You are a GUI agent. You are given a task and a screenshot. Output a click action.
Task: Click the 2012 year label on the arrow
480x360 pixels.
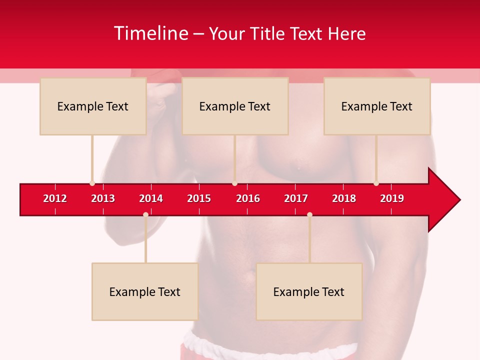(x=55, y=198)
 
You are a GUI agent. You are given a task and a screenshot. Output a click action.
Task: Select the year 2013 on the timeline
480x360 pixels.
(x=103, y=198)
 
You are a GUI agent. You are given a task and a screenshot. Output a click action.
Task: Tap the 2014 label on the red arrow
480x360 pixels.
(x=151, y=198)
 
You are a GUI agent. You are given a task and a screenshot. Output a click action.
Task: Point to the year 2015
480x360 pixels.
(x=199, y=198)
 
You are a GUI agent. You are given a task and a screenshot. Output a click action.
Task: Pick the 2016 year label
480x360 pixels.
(x=248, y=198)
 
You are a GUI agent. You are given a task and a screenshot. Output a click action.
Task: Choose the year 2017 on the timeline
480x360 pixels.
(x=296, y=198)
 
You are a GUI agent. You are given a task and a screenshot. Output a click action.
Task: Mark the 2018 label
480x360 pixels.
(x=344, y=198)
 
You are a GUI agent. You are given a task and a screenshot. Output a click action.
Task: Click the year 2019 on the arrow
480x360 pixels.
(x=392, y=198)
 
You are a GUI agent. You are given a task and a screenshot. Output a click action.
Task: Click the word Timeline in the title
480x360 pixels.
(x=150, y=33)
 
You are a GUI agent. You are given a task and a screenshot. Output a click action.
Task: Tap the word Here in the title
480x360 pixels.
(x=346, y=33)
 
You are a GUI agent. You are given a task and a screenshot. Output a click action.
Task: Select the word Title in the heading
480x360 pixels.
(x=265, y=33)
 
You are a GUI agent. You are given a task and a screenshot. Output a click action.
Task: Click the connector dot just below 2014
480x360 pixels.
(x=145, y=214)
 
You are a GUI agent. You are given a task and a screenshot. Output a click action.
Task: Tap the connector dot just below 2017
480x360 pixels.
(x=309, y=214)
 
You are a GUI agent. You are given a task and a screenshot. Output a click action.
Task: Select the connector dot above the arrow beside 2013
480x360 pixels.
(x=92, y=183)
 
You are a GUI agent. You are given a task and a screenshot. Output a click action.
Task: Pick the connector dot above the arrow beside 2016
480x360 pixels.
(x=234, y=183)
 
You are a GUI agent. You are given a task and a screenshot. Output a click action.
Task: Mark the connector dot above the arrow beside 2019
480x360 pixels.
(x=376, y=183)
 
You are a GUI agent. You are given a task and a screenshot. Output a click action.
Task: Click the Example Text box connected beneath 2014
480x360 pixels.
(x=145, y=291)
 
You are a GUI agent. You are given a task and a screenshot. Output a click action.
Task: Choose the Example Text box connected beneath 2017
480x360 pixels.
(x=309, y=291)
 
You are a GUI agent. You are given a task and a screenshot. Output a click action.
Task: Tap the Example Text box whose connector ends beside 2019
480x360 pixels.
(x=377, y=106)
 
